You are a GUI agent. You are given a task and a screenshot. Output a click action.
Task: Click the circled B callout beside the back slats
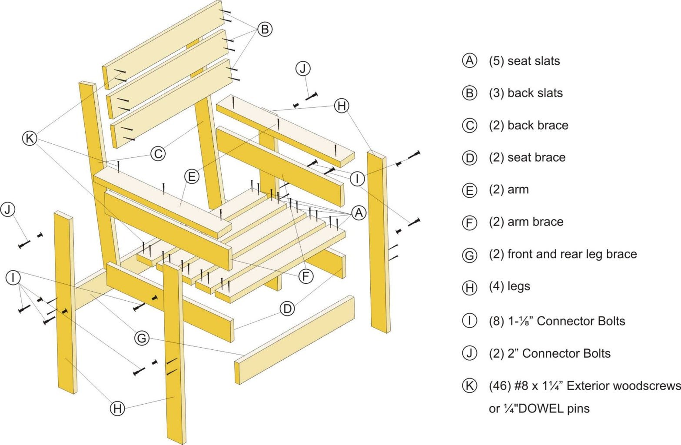pos(265,29)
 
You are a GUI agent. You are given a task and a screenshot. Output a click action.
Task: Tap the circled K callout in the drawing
pos(30,138)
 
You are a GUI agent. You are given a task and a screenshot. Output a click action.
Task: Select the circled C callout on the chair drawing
pos(158,154)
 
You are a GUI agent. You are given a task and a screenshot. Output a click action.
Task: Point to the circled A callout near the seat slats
pos(359,213)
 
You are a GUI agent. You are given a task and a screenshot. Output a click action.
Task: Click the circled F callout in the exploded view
pos(306,276)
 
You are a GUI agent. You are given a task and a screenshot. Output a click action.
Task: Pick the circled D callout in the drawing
pos(287,309)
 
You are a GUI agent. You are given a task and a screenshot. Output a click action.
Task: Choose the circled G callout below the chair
pos(142,338)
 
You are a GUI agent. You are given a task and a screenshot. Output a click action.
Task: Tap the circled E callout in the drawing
pos(191,177)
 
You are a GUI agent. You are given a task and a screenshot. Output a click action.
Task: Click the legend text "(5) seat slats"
pos(524,61)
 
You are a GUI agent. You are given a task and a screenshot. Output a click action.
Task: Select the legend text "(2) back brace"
pos(528,126)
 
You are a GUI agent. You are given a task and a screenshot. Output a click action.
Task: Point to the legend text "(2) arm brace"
pos(526,222)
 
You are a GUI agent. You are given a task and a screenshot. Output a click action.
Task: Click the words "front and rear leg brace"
pos(572,254)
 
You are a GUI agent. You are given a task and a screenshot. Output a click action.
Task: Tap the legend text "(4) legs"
pos(509,287)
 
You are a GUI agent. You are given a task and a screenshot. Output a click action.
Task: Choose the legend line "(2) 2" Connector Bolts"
pos(549,354)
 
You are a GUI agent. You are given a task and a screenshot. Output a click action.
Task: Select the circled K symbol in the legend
pos(469,385)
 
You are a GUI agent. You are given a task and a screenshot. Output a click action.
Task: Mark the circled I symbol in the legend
pos(469,321)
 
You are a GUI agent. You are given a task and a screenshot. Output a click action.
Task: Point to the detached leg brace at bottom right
pos(296,339)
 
